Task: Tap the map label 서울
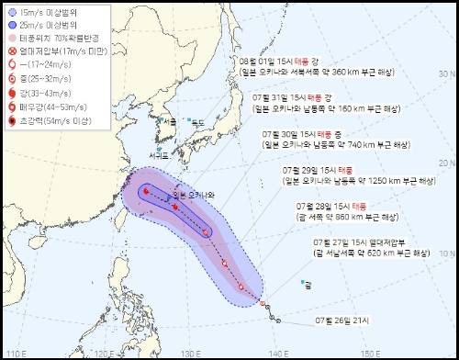click(168, 120)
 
